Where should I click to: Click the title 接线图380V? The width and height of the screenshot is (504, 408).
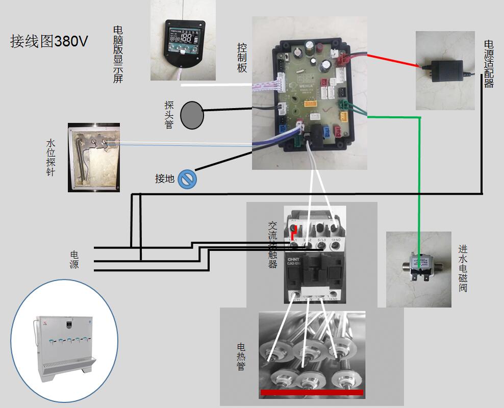click(x=49, y=41)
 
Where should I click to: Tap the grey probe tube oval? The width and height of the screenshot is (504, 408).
click(x=192, y=115)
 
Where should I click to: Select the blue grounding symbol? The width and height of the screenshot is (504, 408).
click(x=187, y=179)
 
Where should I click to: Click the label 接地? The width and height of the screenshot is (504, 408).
click(x=165, y=179)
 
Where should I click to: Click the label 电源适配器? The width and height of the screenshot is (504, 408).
click(x=489, y=64)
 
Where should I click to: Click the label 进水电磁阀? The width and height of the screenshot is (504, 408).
click(x=463, y=268)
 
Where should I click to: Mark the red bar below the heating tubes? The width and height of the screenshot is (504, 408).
click(x=311, y=392)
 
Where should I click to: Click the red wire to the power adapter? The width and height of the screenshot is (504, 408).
click(x=393, y=60)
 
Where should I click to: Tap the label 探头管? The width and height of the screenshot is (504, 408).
click(x=169, y=115)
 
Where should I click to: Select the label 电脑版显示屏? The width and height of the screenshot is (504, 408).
click(x=118, y=54)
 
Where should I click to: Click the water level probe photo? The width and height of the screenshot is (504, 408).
click(x=94, y=157)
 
